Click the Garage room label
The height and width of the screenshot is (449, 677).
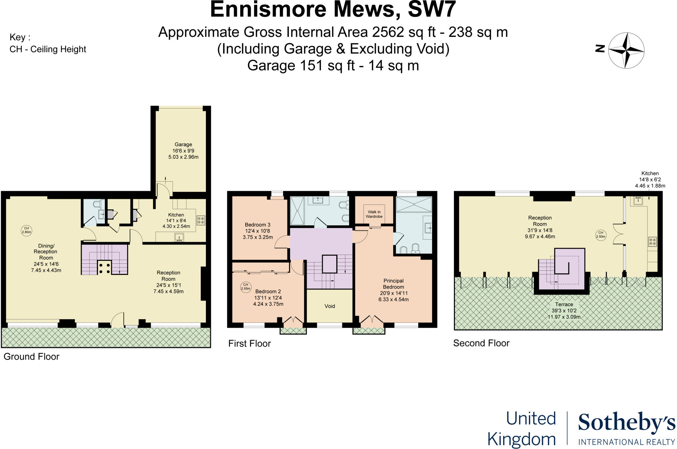click(183, 145)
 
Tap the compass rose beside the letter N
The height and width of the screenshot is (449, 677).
click(626, 51)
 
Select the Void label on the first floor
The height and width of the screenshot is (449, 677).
click(330, 306)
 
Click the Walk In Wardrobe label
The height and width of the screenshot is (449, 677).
click(374, 214)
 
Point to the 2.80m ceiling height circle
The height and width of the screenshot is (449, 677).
click(26, 230)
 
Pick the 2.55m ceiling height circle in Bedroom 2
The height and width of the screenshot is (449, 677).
click(246, 287)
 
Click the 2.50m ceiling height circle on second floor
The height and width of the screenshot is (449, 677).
click(601, 235)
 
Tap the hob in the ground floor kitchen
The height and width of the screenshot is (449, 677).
click(201, 220)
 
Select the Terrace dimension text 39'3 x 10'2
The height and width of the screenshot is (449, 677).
click(564, 311)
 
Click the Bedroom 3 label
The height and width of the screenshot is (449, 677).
click(258, 225)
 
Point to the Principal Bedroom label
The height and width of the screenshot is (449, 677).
click(393, 284)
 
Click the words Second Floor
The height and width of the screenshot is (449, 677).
click(481, 343)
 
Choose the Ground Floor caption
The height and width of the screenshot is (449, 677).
click(31, 356)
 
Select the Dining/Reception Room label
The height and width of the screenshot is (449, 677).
click(46, 251)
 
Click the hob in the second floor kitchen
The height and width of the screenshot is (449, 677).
click(652, 242)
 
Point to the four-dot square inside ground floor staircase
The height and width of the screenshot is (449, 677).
click(104, 267)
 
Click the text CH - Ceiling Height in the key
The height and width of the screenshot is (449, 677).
click(48, 49)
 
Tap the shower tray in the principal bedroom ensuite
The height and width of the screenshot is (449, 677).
click(414, 204)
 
